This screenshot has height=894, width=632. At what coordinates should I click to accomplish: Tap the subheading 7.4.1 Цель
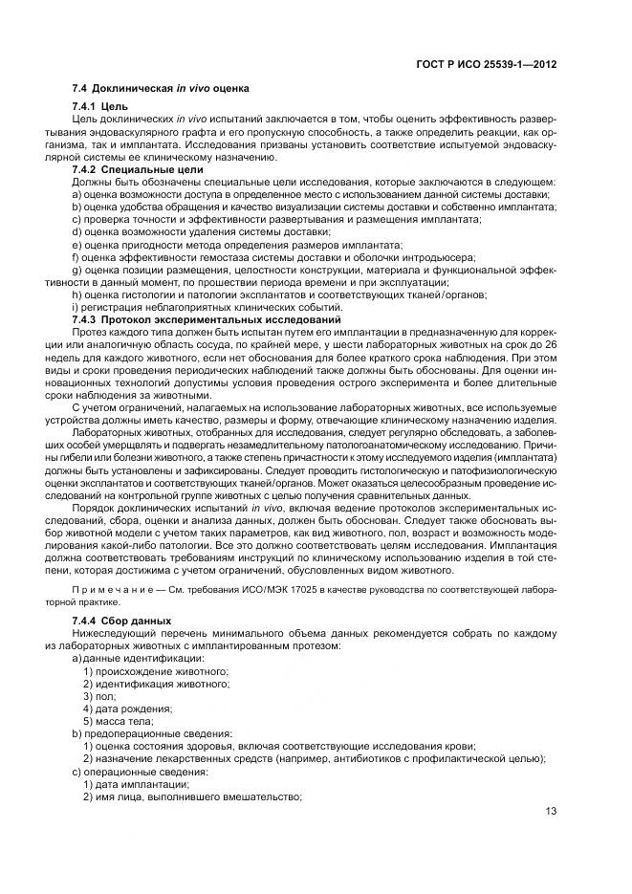coord(100,104)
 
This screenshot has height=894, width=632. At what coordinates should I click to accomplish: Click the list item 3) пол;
coord(98,696)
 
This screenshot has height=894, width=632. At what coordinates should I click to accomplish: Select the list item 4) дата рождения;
coord(127,709)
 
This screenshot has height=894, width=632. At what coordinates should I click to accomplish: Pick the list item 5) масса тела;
coord(120,721)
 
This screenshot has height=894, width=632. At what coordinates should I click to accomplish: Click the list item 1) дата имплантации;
coord(135,783)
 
